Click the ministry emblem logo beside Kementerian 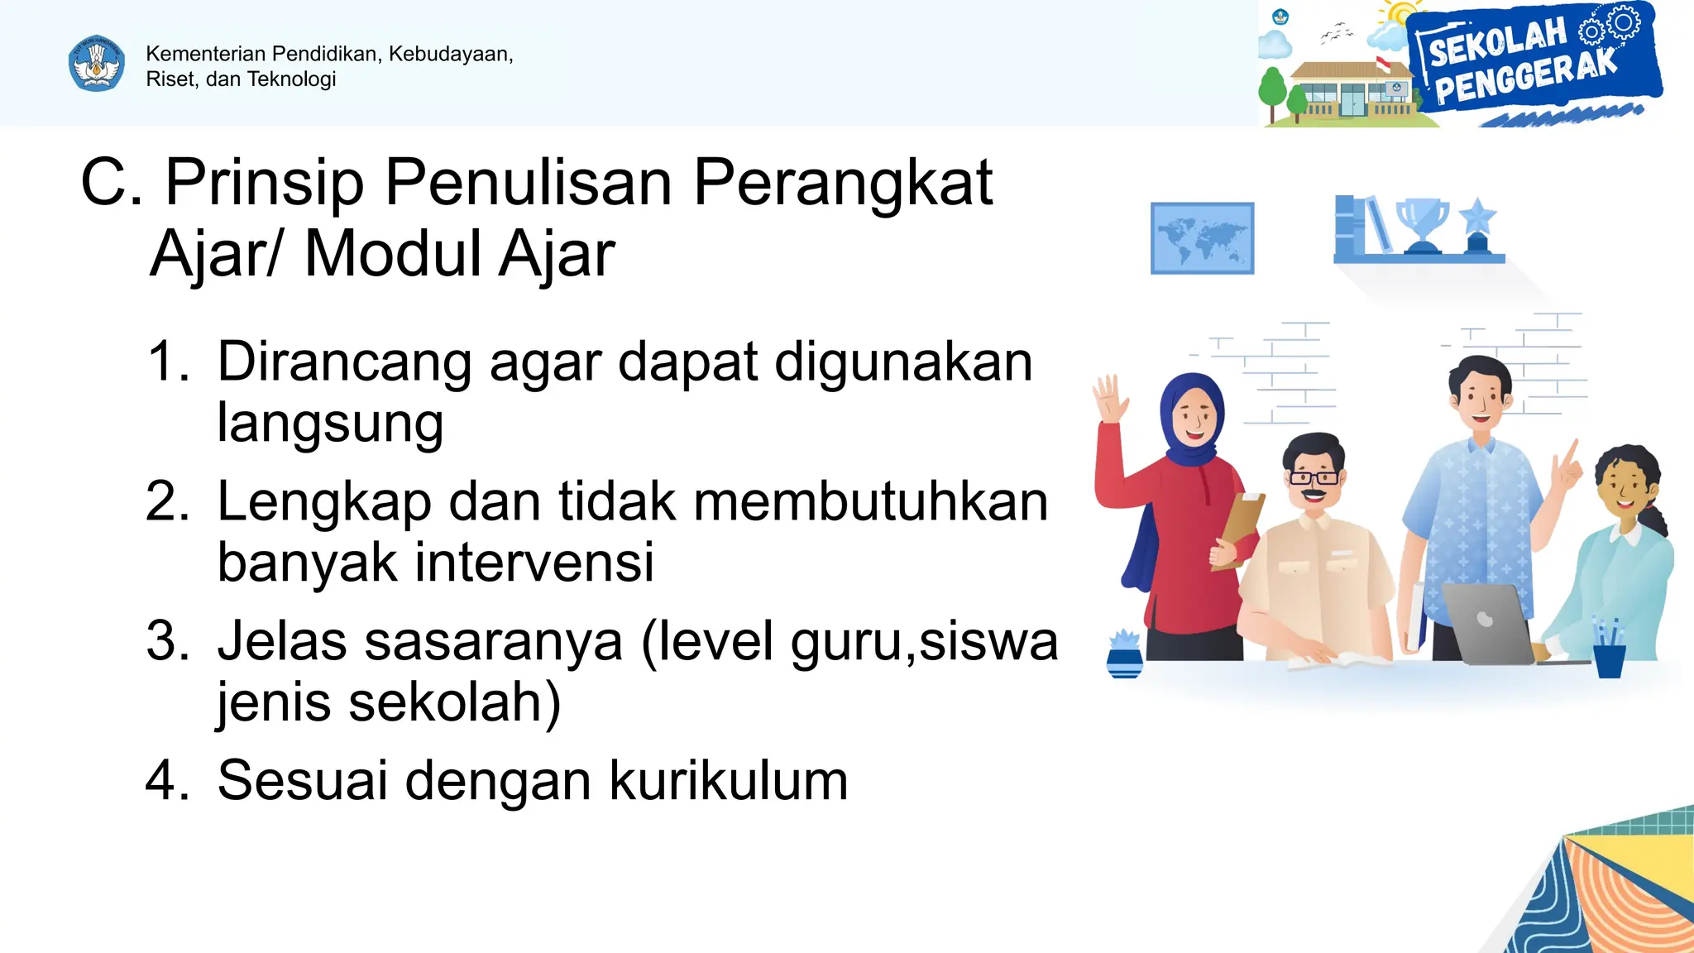coord(97,63)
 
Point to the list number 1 coord(167,362)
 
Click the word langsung coord(330,424)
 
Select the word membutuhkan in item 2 coord(870,502)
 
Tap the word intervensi coord(534,563)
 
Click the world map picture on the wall coord(1202,238)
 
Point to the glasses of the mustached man coord(1314,477)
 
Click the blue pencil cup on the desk coord(1609,657)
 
